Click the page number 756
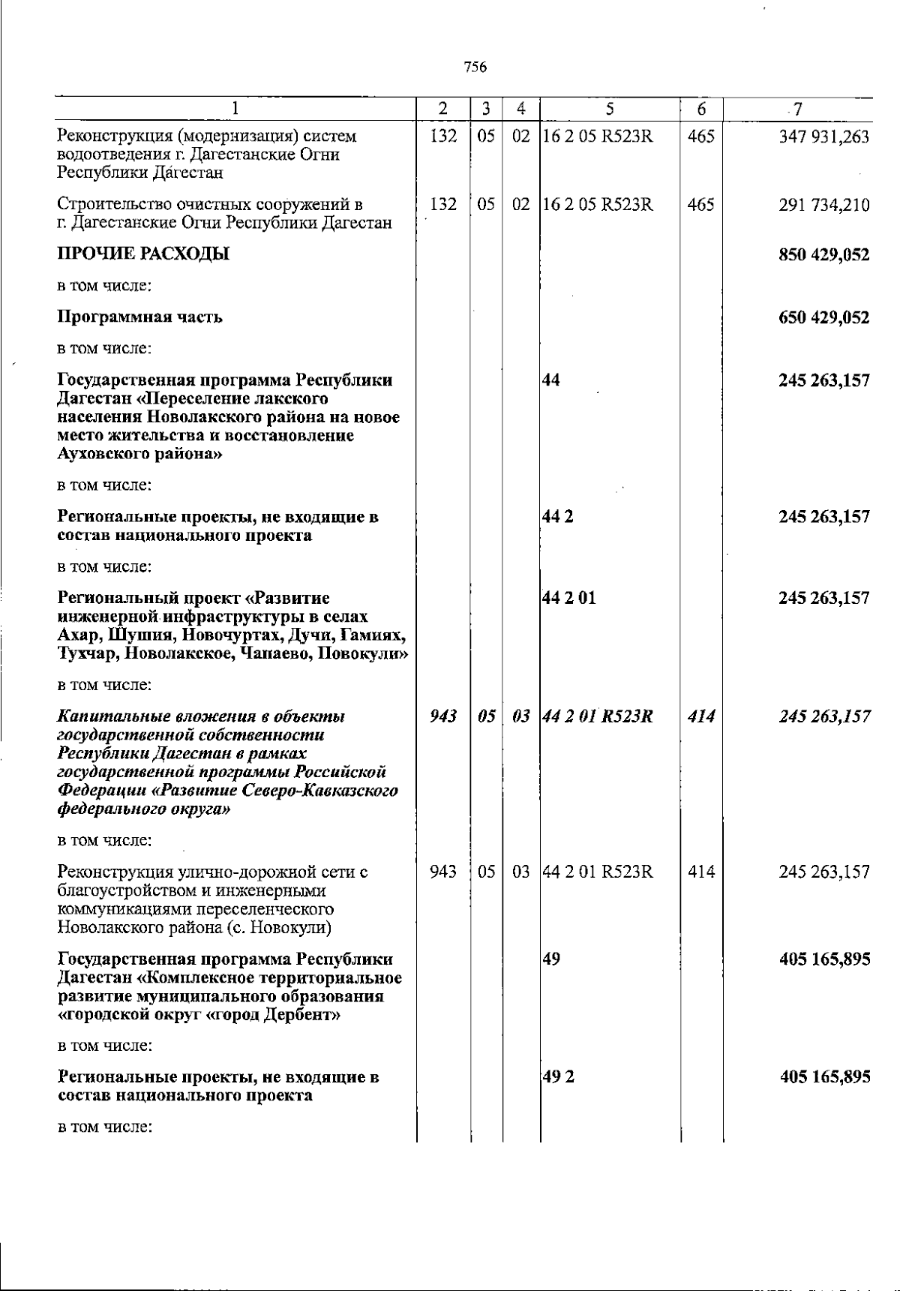point(475,67)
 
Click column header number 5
point(610,109)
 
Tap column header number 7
point(798,109)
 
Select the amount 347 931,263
point(824,137)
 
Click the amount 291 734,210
point(824,205)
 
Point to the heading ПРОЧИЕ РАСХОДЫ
point(143,254)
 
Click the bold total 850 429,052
point(824,254)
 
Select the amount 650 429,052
point(824,317)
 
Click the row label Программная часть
point(139,317)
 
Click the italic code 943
point(443,716)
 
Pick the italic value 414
point(700,716)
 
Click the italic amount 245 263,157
point(824,716)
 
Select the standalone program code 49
point(551,959)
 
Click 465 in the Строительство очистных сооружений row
point(700,205)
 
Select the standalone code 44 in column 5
point(551,380)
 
